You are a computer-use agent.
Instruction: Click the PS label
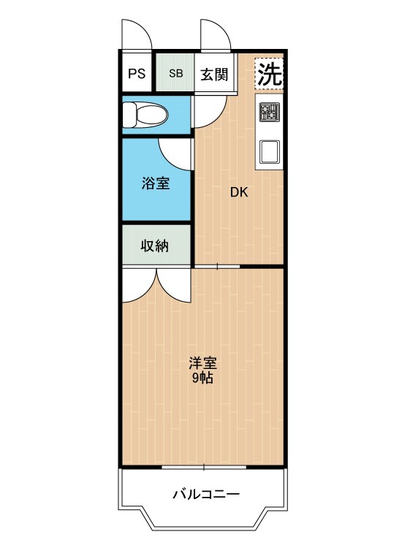pos(136,73)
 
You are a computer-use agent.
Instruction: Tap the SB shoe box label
pos(176,73)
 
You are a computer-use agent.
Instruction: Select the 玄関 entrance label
pos(215,73)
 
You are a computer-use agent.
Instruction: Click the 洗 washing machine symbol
pos(269,74)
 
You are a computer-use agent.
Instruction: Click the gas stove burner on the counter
pos(269,113)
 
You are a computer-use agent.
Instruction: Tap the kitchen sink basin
pos(269,151)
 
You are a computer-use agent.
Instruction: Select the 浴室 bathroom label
pos(156,183)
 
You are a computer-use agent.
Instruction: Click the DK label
pos(239,193)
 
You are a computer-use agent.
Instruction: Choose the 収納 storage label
pos(156,246)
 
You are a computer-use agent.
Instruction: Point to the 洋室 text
pos(202,363)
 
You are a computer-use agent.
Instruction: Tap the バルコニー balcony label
pos(205,495)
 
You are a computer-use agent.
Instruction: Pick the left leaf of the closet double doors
pos(137,285)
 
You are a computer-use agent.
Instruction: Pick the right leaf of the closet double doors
pos(174,285)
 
